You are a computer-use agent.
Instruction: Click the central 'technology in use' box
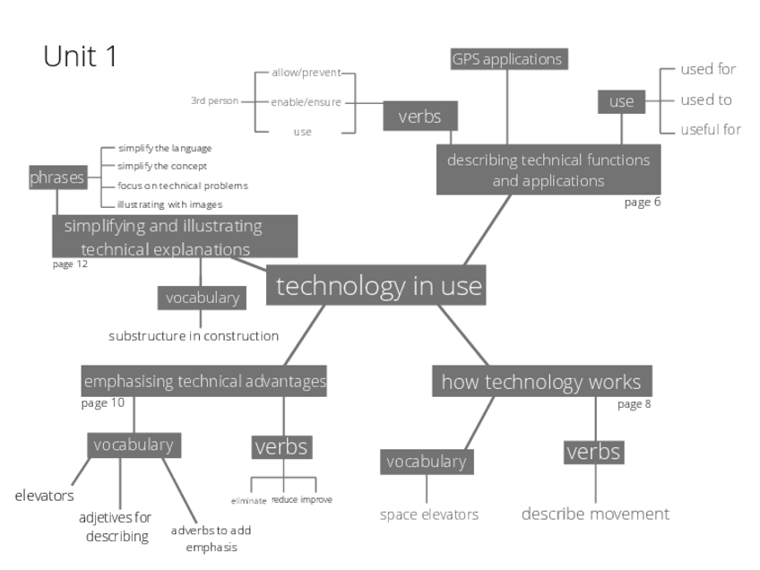[379, 287]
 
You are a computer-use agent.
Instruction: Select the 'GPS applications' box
[508, 59]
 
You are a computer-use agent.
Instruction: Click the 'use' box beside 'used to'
[621, 101]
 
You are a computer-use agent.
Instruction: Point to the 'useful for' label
[710, 129]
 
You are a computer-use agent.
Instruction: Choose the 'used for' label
[708, 70]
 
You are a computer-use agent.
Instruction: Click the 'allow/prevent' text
[305, 73]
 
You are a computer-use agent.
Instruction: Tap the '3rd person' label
[213, 101]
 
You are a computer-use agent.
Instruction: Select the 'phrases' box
[57, 177]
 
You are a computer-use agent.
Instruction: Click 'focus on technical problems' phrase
[182, 186]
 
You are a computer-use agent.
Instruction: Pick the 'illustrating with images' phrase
[169, 204]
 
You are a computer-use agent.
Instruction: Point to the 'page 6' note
[643, 202]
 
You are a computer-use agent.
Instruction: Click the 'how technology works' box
[541, 382]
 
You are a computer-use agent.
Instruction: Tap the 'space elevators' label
[428, 514]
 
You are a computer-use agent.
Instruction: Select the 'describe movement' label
[595, 514]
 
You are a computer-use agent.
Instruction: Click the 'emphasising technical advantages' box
[204, 382]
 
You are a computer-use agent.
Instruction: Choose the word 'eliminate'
[249, 499]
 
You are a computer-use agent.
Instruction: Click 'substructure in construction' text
[194, 336]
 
